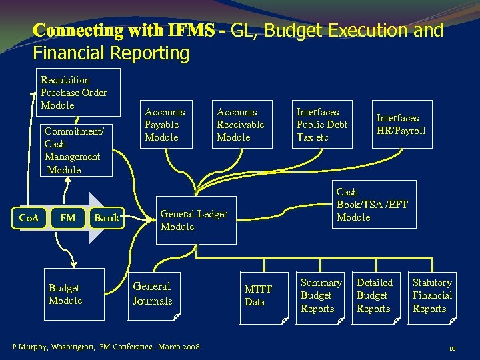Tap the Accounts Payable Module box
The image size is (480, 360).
point(165,125)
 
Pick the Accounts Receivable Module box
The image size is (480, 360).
point(241,125)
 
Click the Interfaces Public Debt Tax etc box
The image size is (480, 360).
point(323,125)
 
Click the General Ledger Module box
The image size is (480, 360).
point(196,220)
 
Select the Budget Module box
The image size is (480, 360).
point(74,294)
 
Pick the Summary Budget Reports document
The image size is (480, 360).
point(320,296)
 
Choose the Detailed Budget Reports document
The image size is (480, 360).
point(375,296)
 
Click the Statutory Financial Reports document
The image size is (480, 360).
point(432,296)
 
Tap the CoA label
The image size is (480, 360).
point(29,217)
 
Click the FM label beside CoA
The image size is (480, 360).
point(67,217)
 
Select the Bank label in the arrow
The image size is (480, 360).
point(107,217)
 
